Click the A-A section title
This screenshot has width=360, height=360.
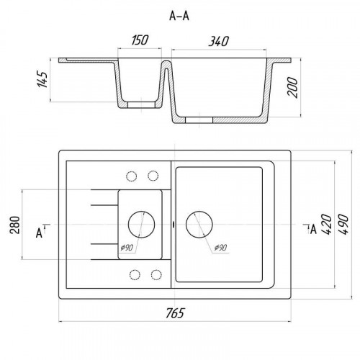pyautogui.click(x=179, y=17)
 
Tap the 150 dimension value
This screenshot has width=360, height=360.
pyautogui.click(x=140, y=40)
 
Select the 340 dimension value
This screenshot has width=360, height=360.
pyautogui.click(x=219, y=41)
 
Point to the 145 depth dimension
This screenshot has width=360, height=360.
pyautogui.click(x=42, y=79)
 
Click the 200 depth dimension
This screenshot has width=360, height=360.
pyautogui.click(x=292, y=87)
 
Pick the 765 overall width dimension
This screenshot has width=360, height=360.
pyautogui.click(x=175, y=313)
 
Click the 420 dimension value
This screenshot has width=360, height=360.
pyautogui.click(x=327, y=225)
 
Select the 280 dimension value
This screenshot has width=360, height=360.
pyautogui.click(x=15, y=225)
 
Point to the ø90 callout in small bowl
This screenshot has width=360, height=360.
pyautogui.click(x=127, y=247)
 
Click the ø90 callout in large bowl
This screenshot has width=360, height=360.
pyautogui.click(x=220, y=247)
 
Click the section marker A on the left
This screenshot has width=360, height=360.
pyautogui.click(x=39, y=233)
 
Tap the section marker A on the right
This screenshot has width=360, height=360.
pyautogui.click(x=313, y=229)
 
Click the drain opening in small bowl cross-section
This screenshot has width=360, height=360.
pyautogui.click(x=142, y=105)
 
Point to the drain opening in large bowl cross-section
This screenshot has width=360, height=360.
pyautogui.click(x=199, y=120)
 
